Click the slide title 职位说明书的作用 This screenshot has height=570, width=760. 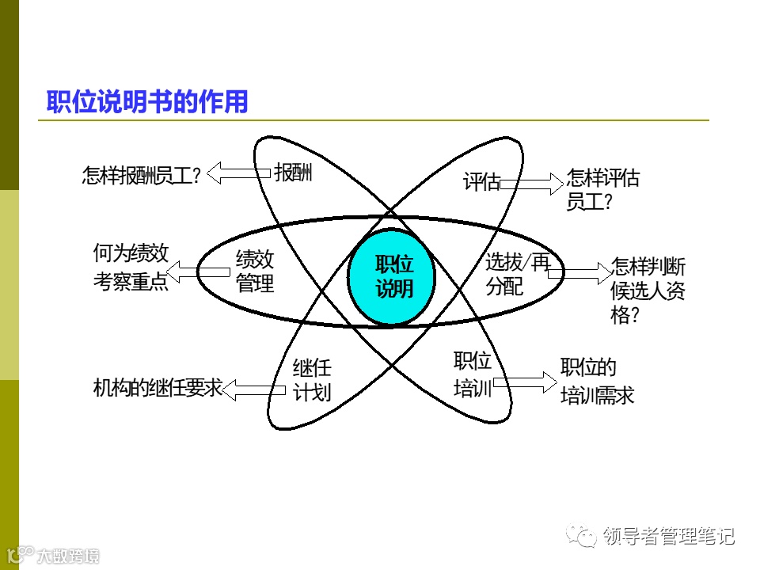(x=147, y=102)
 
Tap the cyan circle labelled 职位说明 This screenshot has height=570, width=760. (x=393, y=276)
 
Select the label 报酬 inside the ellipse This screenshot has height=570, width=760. (x=294, y=173)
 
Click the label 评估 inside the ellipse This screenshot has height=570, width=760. (x=481, y=183)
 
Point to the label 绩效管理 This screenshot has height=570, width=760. (x=255, y=271)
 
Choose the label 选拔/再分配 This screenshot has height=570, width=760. (x=516, y=274)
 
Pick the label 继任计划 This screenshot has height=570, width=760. (x=312, y=380)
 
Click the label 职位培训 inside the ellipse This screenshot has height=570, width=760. (x=473, y=375)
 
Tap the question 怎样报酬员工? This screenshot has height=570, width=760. (x=142, y=175)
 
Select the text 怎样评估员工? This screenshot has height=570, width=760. (x=602, y=190)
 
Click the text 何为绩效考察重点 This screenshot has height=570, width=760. (x=131, y=268)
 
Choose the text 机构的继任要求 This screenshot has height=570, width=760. (x=158, y=389)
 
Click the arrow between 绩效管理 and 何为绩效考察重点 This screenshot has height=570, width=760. (x=199, y=272)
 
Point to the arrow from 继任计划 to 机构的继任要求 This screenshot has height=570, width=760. (x=254, y=389)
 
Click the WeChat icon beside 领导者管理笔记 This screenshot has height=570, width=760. (x=587, y=536)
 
